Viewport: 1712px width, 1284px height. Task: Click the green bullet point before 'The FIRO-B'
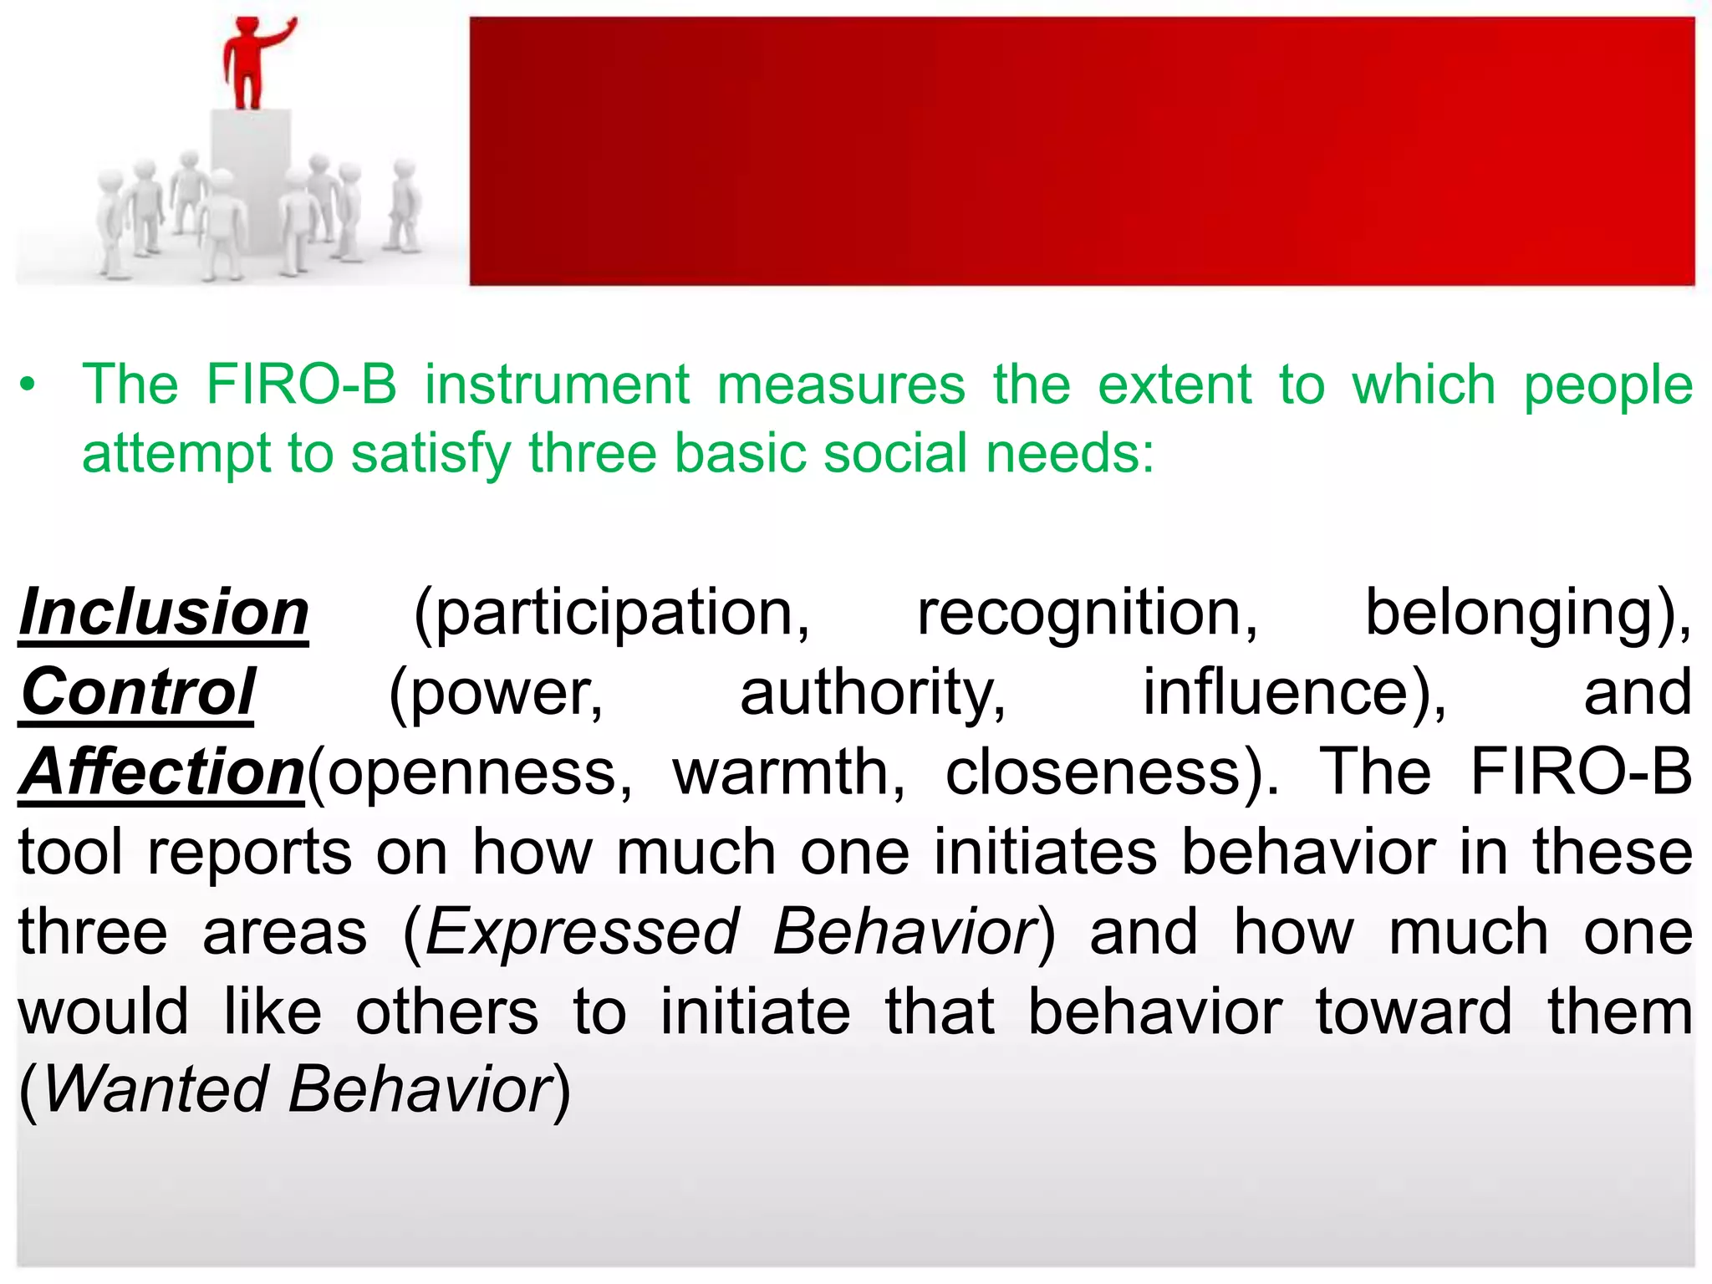pyautogui.click(x=29, y=385)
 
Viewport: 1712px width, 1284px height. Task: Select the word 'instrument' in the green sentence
pyautogui.click(x=557, y=385)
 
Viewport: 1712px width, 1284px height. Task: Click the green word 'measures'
pyautogui.click(x=840, y=385)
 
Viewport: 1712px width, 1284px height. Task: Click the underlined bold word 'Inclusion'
pyautogui.click(x=164, y=613)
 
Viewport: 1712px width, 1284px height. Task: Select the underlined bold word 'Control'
pyautogui.click(x=138, y=693)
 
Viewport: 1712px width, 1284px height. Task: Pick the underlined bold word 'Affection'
pyautogui.click(x=162, y=772)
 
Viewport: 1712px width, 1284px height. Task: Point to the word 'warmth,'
pyautogui.click(x=789, y=772)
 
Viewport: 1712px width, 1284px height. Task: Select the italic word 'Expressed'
pyautogui.click(x=583, y=932)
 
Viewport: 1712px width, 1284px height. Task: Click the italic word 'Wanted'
pyautogui.click(x=155, y=1090)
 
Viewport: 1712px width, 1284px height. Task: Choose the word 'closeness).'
pyautogui.click(x=1112, y=772)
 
